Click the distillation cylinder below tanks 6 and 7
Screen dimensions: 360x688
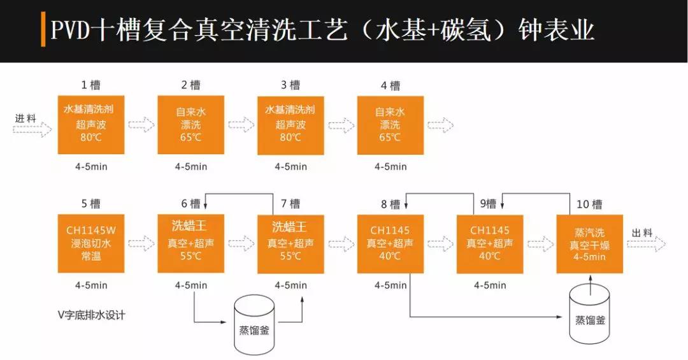pos(254,325)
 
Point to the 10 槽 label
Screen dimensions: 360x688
pos(589,205)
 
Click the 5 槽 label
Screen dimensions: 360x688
pos(91,205)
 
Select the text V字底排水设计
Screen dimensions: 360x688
pos(90,315)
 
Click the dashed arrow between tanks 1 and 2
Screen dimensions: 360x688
pos(141,124)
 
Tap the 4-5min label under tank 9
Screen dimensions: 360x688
pos(490,285)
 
